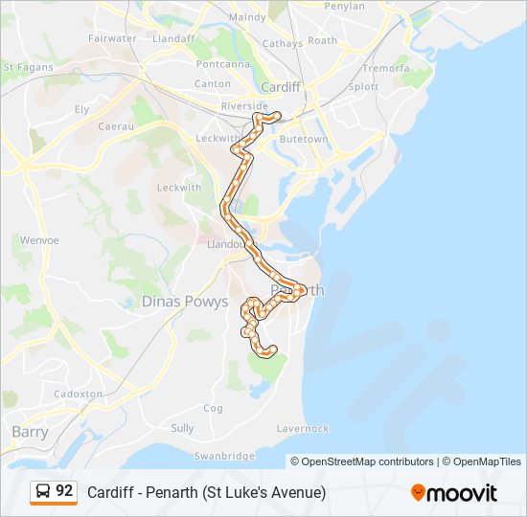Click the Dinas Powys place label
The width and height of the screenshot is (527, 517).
[x=185, y=302]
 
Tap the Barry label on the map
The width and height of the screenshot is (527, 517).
[x=30, y=432]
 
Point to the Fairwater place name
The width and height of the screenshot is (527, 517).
[x=112, y=38]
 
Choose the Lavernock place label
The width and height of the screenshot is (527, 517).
[x=302, y=429]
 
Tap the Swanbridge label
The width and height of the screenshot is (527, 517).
[x=227, y=456]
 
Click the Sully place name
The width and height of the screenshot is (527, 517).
[x=182, y=429]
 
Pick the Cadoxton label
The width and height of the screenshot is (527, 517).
[x=79, y=393]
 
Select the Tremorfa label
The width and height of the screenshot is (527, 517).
[x=386, y=69]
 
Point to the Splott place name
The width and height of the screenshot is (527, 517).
[x=364, y=86]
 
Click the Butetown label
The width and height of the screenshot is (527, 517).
[x=303, y=139]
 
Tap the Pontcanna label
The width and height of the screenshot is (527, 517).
[x=222, y=64]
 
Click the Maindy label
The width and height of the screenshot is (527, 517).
[x=247, y=17]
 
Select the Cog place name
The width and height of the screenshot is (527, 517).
[x=213, y=408]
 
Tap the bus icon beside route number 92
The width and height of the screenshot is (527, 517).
[x=42, y=491]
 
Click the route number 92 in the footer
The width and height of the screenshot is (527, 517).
[x=64, y=490]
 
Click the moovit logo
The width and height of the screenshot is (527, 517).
[x=454, y=492]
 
